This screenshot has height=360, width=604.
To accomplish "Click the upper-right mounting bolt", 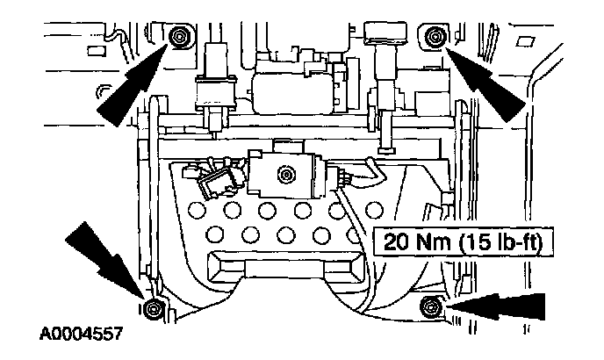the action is pos(434,36).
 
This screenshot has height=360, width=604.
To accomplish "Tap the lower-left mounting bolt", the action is pos(152,308).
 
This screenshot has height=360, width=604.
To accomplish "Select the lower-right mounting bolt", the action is pos(430,306).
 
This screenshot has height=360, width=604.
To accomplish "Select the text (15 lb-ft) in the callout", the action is pos(497,241).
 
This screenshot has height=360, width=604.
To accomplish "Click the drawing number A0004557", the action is pos(80,335).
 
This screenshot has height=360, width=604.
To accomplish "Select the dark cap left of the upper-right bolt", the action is pos(385,32).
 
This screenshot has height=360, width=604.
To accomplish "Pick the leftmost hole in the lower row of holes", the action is pos(215,234).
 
